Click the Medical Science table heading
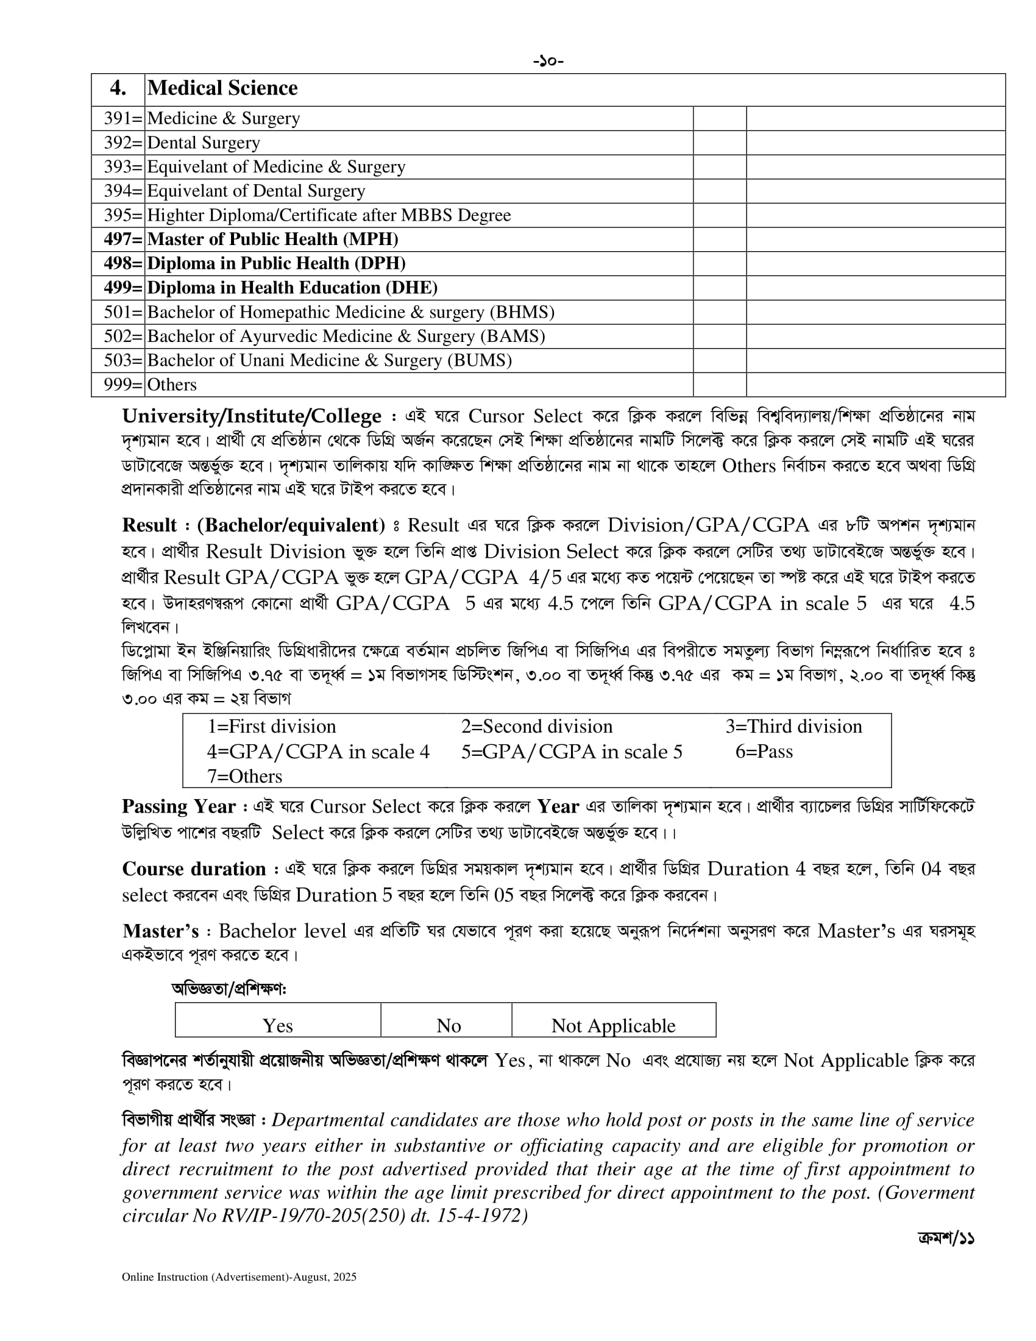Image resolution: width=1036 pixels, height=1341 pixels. (x=222, y=88)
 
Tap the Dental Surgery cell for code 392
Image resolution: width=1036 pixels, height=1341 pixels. (x=204, y=143)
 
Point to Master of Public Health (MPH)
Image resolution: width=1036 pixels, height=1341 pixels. (x=272, y=240)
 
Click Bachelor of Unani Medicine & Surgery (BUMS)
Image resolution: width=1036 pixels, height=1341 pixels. (x=329, y=360)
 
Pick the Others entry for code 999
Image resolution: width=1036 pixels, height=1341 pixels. (x=172, y=385)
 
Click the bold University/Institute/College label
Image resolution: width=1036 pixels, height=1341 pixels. (x=252, y=416)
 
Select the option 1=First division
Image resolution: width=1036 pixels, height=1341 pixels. (x=271, y=727)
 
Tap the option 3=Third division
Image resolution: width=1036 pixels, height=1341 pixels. (x=793, y=727)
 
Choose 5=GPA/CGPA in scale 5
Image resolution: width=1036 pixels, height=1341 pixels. (x=572, y=752)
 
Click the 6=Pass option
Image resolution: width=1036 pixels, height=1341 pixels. (x=764, y=752)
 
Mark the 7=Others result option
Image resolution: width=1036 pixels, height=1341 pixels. (x=244, y=776)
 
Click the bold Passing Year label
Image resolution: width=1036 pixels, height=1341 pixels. (x=179, y=806)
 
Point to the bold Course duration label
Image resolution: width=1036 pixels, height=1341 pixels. (x=194, y=869)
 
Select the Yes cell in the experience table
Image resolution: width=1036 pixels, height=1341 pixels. (x=277, y=1025)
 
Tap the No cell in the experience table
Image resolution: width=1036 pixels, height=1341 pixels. (x=449, y=1025)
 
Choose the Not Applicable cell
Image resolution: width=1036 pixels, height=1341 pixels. (x=613, y=1025)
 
